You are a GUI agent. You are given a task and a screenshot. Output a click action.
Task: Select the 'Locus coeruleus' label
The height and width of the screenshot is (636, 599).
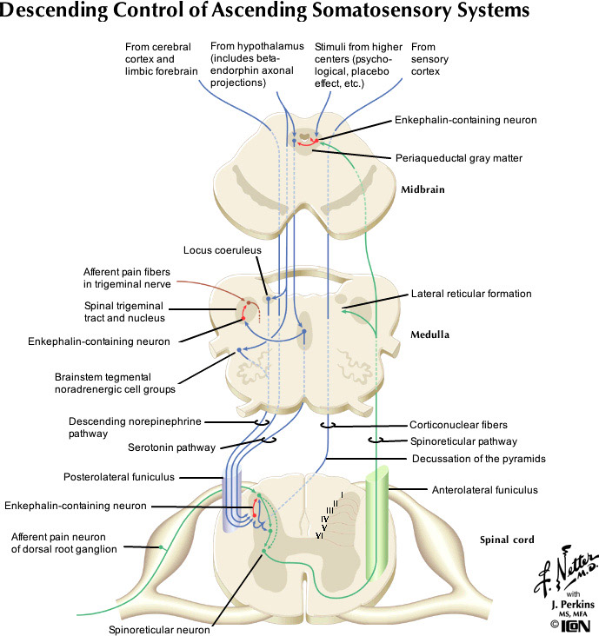(223, 250)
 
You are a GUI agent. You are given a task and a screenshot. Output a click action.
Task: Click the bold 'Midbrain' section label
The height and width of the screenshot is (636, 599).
(424, 189)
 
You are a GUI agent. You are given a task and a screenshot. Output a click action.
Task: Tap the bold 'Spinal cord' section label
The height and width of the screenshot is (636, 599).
(504, 540)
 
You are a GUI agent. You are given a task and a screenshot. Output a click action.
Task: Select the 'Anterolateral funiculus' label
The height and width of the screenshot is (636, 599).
(484, 490)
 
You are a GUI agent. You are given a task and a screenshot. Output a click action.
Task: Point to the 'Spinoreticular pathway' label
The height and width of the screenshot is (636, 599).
(463, 441)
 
